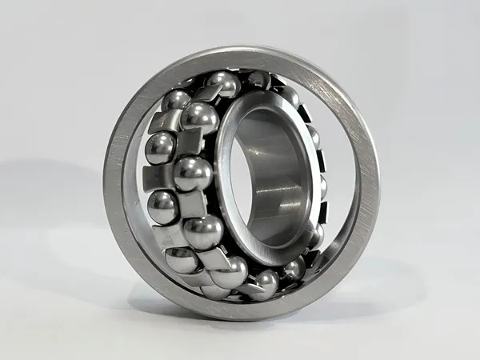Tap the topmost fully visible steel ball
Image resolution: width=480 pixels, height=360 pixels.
tap(224, 83)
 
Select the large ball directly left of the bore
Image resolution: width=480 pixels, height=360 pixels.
tap(192, 174)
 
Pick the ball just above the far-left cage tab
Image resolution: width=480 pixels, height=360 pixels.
tap(160, 146)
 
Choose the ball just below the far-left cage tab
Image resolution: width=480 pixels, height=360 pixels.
tap(162, 204)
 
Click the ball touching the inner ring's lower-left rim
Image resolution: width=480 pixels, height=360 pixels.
tap(202, 232)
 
